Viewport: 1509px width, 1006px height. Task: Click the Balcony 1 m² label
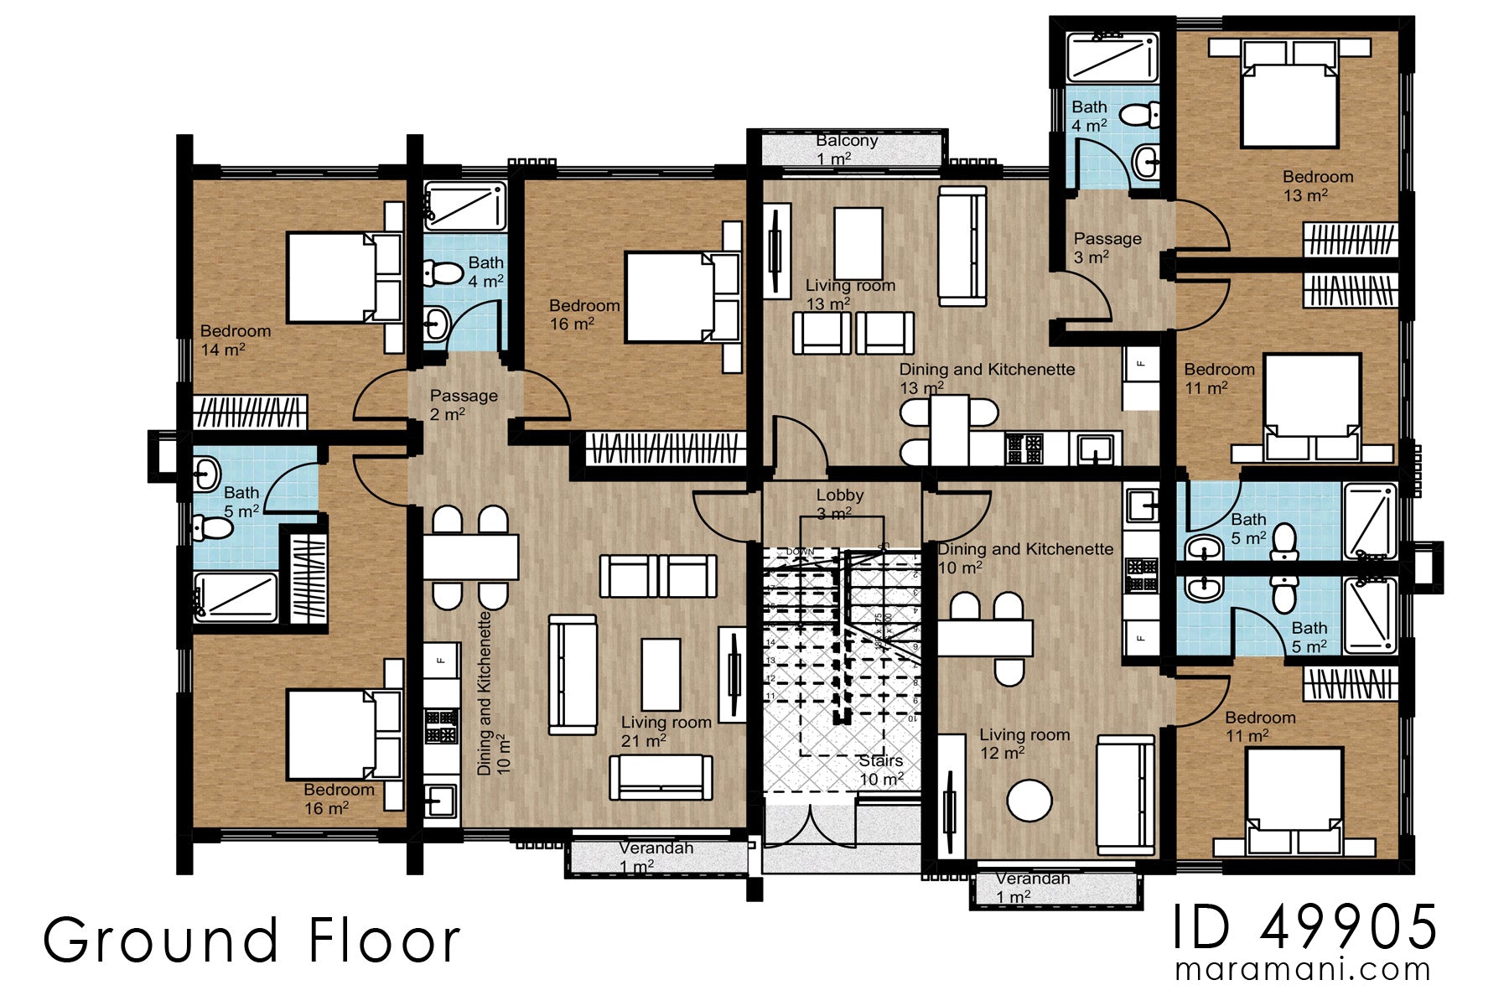(x=846, y=149)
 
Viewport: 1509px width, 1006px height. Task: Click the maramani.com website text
(x=1303, y=970)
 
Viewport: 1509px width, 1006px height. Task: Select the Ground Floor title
(x=251, y=941)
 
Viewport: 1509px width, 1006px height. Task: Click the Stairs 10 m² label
(x=881, y=770)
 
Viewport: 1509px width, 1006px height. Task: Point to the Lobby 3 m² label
(x=839, y=504)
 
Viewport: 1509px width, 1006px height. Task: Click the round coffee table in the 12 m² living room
(x=1029, y=801)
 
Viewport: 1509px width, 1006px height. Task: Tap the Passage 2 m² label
(x=463, y=404)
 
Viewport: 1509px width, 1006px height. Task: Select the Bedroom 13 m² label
(x=1317, y=186)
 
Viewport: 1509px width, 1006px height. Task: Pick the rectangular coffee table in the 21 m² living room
(x=661, y=674)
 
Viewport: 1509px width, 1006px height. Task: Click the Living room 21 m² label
(x=666, y=731)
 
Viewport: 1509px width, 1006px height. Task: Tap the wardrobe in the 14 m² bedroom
(x=250, y=412)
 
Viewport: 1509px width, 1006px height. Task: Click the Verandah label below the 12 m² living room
(x=1032, y=887)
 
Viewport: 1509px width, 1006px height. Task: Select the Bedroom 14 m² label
(x=235, y=340)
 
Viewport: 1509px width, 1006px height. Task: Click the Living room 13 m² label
(x=849, y=294)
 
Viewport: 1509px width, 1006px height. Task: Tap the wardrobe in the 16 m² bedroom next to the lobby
(x=665, y=448)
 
